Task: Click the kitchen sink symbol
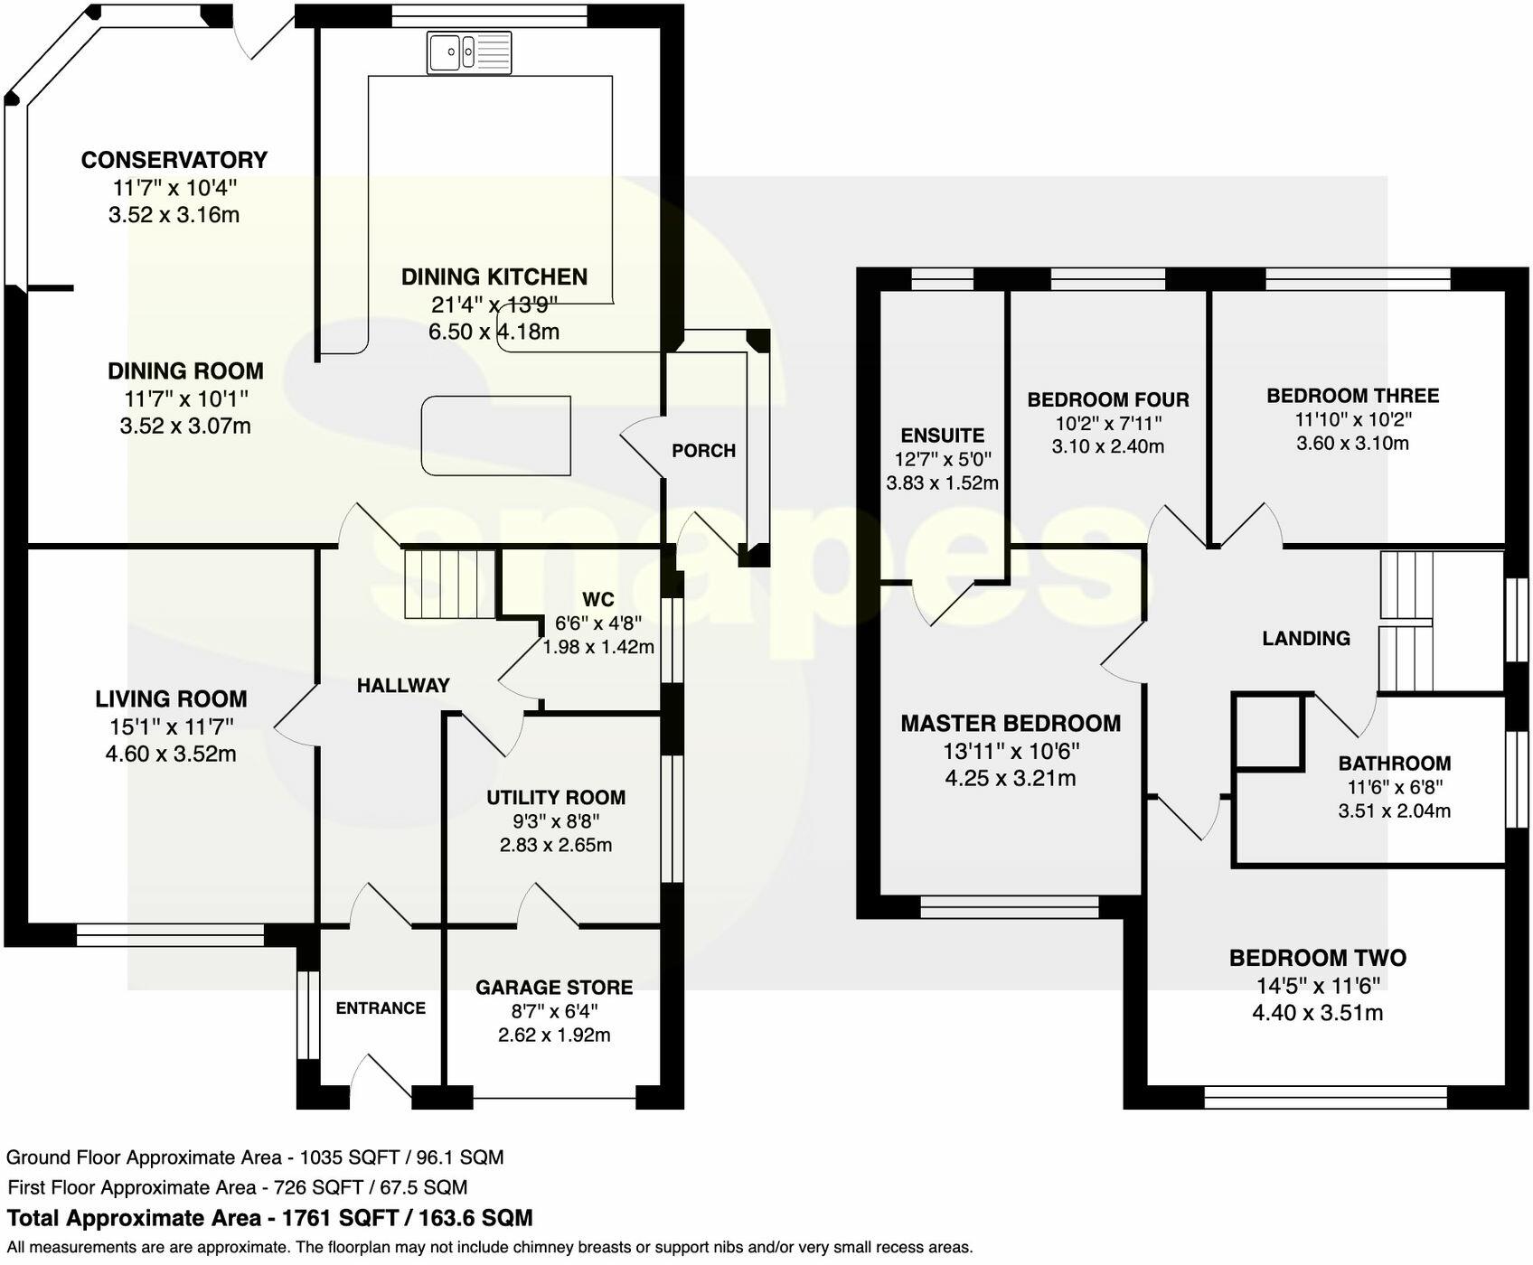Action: tap(469, 52)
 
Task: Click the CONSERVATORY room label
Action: tap(174, 160)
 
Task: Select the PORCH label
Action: tap(703, 451)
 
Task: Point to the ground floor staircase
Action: tap(449, 585)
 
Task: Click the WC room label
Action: tap(598, 599)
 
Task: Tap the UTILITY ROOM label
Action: tap(556, 798)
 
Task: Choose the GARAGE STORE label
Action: tap(554, 988)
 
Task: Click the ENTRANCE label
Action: tap(381, 1008)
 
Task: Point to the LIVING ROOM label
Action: tap(171, 698)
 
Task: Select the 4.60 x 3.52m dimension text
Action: tap(171, 754)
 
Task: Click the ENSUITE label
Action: tap(943, 436)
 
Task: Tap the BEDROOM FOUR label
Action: tap(1108, 399)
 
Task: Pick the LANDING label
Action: tap(1306, 639)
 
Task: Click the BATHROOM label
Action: tap(1395, 764)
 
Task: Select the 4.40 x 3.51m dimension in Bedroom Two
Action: tap(1318, 1013)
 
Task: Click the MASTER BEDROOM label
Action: tap(1011, 723)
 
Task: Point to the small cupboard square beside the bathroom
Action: tap(1267, 732)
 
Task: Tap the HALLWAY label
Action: tap(403, 686)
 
